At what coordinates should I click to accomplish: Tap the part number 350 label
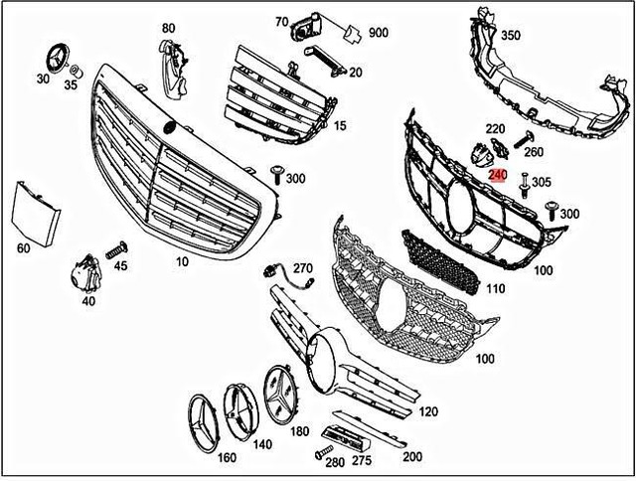click(x=510, y=35)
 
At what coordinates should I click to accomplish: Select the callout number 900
click(x=378, y=32)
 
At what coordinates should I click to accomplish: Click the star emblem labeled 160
click(x=205, y=419)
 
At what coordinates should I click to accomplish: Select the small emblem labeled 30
click(x=53, y=57)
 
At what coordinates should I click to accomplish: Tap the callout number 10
click(x=182, y=261)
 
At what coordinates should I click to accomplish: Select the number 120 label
click(x=429, y=409)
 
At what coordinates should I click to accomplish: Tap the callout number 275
click(x=360, y=460)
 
